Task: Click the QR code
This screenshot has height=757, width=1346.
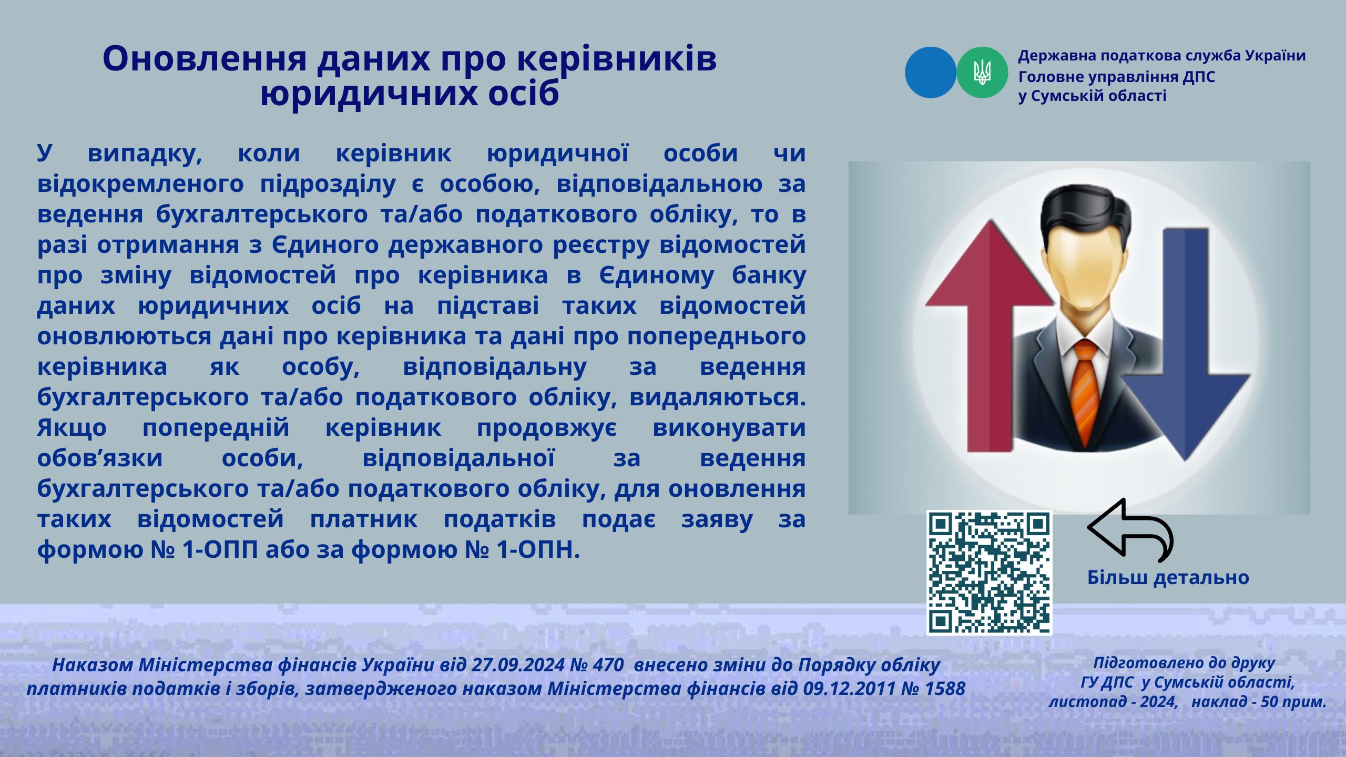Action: pyautogui.click(x=989, y=572)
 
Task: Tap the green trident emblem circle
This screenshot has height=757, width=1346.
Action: pyautogui.click(x=982, y=73)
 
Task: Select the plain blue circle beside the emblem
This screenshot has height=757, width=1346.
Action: pyautogui.click(x=931, y=73)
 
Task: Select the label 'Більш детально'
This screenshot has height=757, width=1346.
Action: pyautogui.click(x=1168, y=577)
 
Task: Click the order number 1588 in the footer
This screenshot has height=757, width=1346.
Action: pyautogui.click(x=945, y=688)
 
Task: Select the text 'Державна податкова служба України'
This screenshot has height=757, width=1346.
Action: pyautogui.click(x=1162, y=56)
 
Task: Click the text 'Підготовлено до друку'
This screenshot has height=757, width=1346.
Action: pyautogui.click(x=1185, y=663)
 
